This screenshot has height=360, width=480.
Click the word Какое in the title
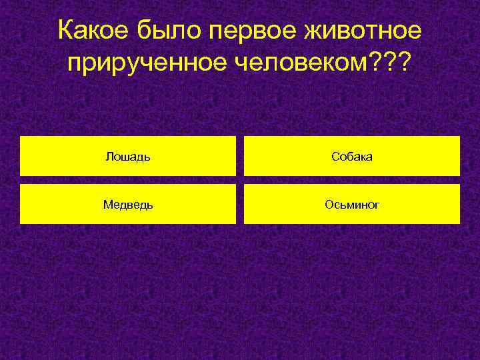click(x=95, y=31)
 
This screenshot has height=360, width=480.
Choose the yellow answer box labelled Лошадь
click(x=127, y=156)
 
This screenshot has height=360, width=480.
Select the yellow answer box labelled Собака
click(x=352, y=156)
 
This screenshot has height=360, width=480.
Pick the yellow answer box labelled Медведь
click(x=127, y=204)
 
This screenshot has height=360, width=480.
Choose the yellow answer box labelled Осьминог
click(x=352, y=204)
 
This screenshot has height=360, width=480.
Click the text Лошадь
click(x=127, y=157)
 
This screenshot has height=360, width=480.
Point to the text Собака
click(x=352, y=157)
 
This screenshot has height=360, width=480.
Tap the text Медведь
click(x=127, y=205)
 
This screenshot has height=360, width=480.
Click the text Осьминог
click(x=352, y=205)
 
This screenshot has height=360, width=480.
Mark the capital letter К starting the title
click(x=65, y=31)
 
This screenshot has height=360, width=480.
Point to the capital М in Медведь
click(x=107, y=205)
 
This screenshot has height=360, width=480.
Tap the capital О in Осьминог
click(x=329, y=205)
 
